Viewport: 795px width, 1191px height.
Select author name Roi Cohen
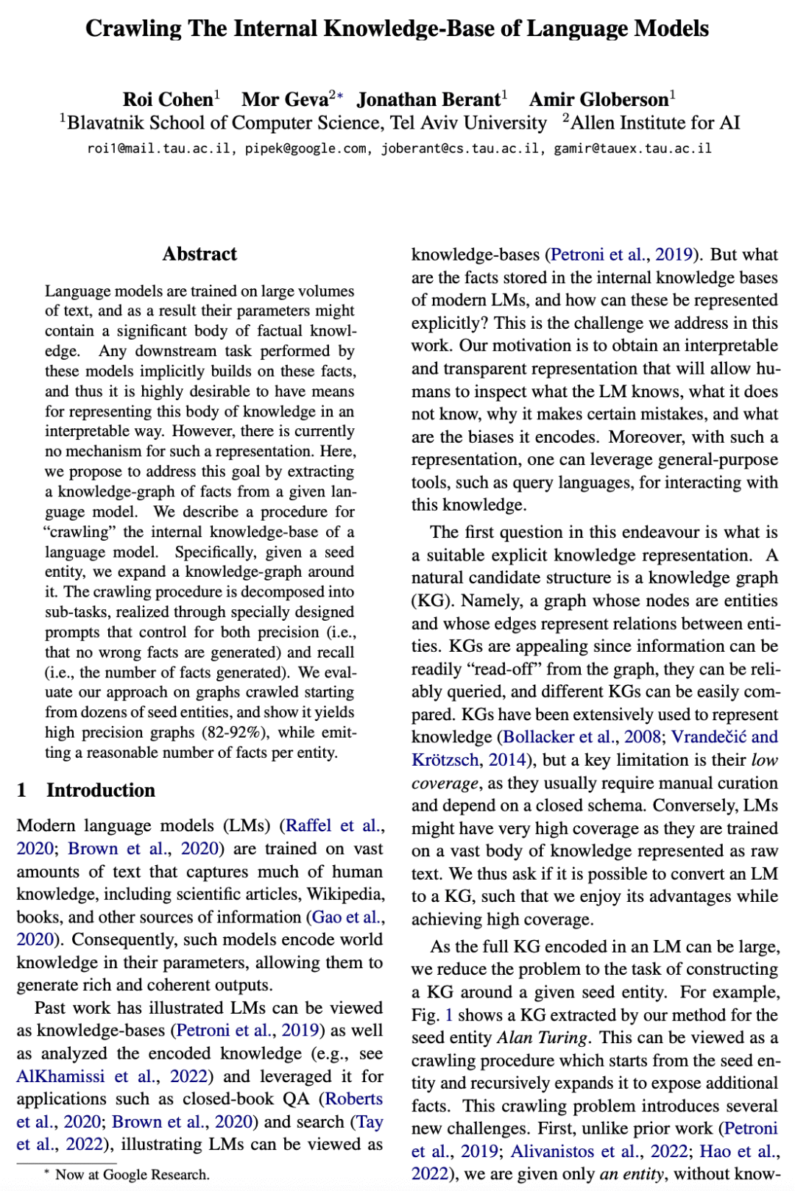coord(168,99)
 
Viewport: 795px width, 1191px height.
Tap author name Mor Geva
coord(285,99)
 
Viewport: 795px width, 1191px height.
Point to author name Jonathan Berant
coord(428,99)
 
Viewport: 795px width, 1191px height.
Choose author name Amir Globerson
coord(598,99)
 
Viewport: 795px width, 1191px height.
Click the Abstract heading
coord(199,254)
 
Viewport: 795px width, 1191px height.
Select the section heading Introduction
coord(101,790)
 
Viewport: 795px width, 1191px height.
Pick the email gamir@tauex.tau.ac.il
coord(632,149)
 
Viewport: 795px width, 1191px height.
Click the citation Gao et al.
coord(348,917)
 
